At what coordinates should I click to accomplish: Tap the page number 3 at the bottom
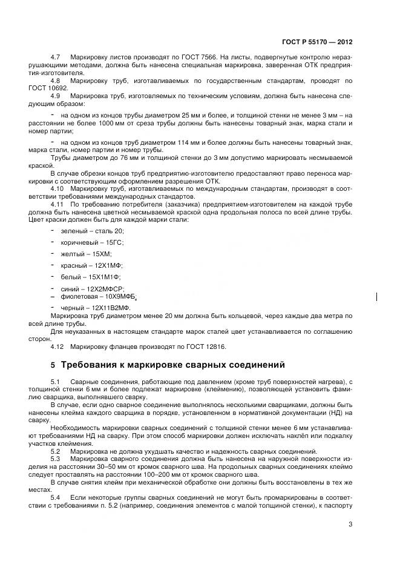click(350, 525)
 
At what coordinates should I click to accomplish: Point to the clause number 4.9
click(56, 96)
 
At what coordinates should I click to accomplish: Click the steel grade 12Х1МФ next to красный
click(110, 265)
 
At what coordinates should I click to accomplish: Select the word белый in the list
click(71, 276)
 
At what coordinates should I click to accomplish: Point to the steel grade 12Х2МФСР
click(109, 289)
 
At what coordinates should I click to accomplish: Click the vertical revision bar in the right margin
click(378, 297)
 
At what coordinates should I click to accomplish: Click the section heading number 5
click(52, 365)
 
